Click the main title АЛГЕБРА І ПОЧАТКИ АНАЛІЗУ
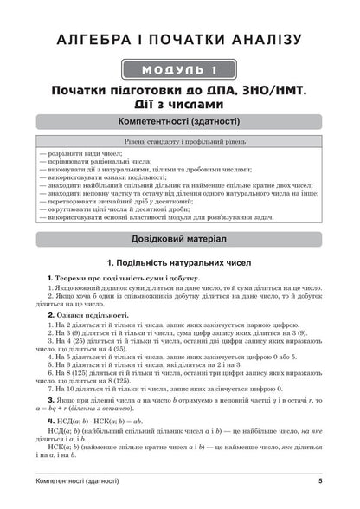point(179,40)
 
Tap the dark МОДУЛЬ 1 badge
point(179,69)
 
